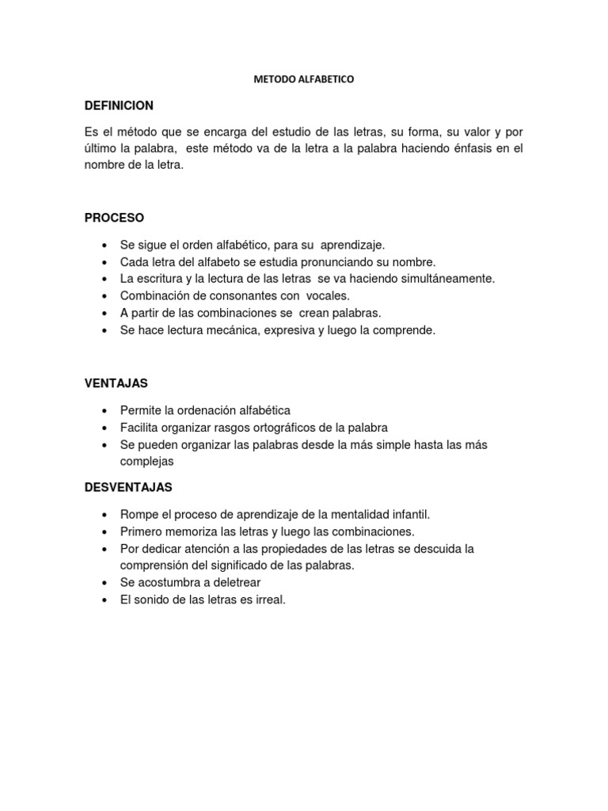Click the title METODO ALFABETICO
coord(303,80)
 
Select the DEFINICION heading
coord(119,106)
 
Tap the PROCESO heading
coord(114,218)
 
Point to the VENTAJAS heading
coord(116,383)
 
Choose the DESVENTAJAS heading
coord(128,486)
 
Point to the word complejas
coord(146,460)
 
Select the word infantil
coord(407,515)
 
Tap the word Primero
coord(142,531)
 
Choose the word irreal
coord(269,600)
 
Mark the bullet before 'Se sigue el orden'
coord(104,246)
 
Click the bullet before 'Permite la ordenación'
coord(104,411)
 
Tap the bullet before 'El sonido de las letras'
coord(104,600)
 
